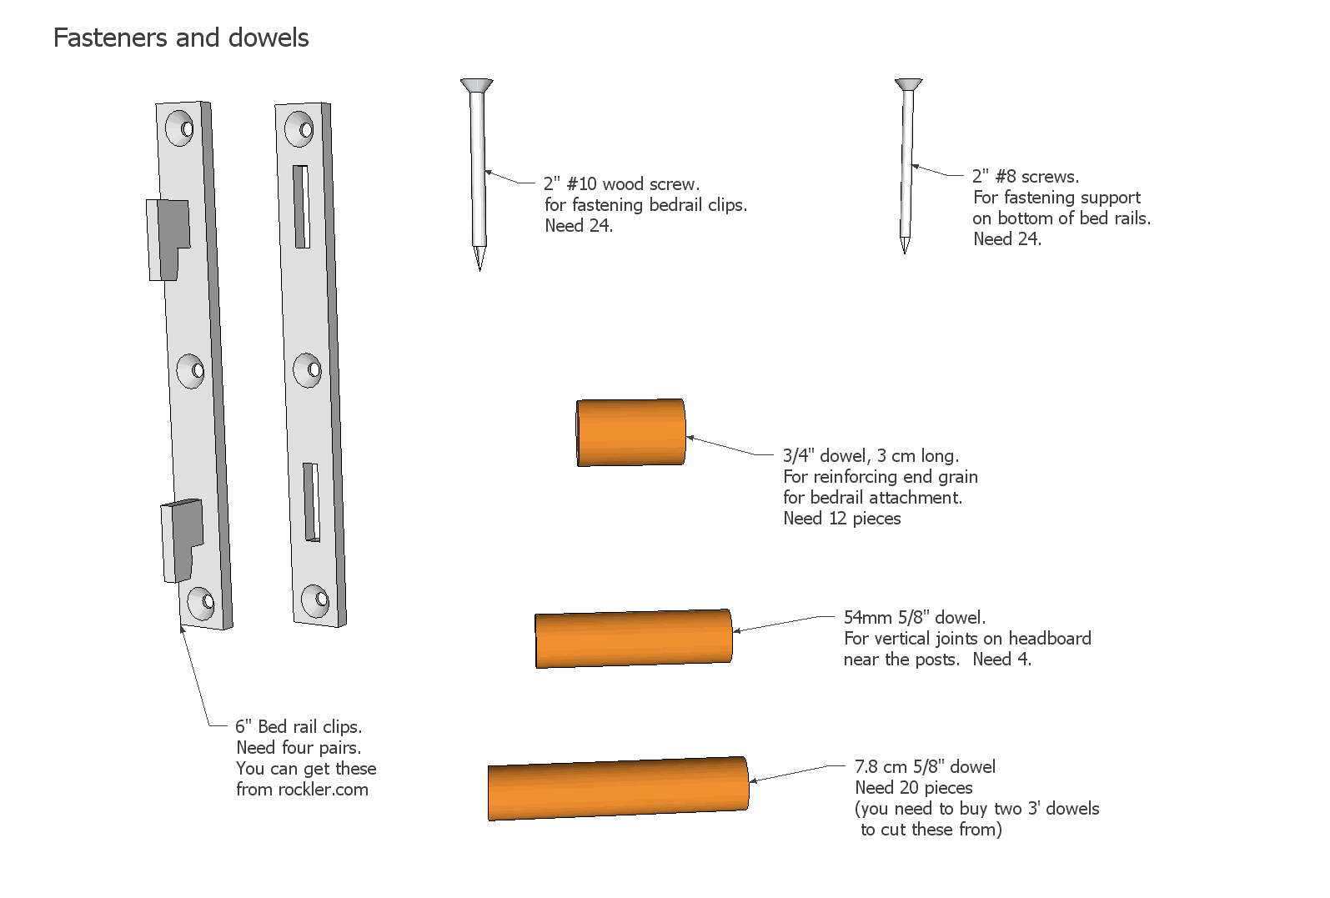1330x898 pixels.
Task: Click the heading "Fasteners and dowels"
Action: [x=181, y=38]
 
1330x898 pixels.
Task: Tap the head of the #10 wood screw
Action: [x=477, y=86]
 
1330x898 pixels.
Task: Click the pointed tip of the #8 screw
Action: [x=905, y=252]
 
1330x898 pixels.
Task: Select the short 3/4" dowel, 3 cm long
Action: [x=630, y=433]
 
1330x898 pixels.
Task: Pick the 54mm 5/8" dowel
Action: [x=634, y=639]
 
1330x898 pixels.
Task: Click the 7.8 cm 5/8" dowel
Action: [x=618, y=789]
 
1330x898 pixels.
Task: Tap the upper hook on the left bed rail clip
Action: [x=168, y=240]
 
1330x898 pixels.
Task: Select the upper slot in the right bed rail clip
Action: [x=301, y=207]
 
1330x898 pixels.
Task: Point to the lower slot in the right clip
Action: [x=311, y=502]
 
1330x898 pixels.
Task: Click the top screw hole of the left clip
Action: [x=179, y=128]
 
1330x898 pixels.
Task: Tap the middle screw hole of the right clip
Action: [x=308, y=370]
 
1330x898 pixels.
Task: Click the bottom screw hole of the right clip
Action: [x=315, y=600]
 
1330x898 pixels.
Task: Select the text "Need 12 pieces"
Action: [x=842, y=518]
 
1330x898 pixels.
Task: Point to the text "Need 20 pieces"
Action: [x=914, y=788]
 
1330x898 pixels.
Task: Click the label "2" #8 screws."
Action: [x=1026, y=176]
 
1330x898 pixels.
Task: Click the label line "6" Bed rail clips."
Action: [x=299, y=726]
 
